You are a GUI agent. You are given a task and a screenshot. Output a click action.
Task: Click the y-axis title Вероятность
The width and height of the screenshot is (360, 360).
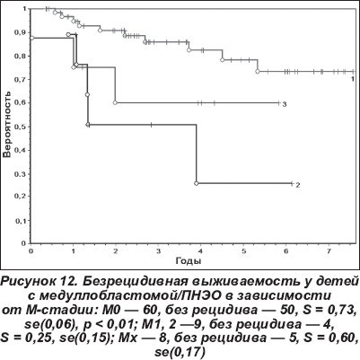tap(7, 125)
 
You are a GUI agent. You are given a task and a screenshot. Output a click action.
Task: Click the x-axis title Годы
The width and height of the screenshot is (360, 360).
tap(189, 261)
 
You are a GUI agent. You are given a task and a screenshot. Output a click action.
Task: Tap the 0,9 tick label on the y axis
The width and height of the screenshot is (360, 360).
tap(22, 32)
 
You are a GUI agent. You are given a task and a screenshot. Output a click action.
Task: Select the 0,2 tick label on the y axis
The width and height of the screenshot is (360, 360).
tap(22, 197)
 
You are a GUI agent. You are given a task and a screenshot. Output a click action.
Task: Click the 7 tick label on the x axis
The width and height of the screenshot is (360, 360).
tap(329, 250)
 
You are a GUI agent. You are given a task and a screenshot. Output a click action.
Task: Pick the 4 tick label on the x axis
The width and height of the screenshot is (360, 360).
tap(201, 250)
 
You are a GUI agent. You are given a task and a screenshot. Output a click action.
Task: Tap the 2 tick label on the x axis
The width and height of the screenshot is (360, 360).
tap(116, 250)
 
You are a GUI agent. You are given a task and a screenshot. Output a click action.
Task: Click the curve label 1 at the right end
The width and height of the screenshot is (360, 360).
tap(353, 79)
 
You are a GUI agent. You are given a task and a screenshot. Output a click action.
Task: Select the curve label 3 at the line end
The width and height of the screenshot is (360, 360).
tap(285, 104)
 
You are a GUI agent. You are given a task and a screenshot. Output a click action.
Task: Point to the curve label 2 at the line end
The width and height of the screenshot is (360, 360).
tap(298, 185)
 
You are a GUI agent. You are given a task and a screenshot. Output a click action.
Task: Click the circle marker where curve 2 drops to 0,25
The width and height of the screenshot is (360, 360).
tap(197, 183)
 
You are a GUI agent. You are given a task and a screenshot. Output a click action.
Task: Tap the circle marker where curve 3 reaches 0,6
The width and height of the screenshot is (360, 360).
tap(115, 103)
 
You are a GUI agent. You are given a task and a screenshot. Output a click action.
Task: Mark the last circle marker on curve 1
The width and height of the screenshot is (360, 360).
tap(258, 72)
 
